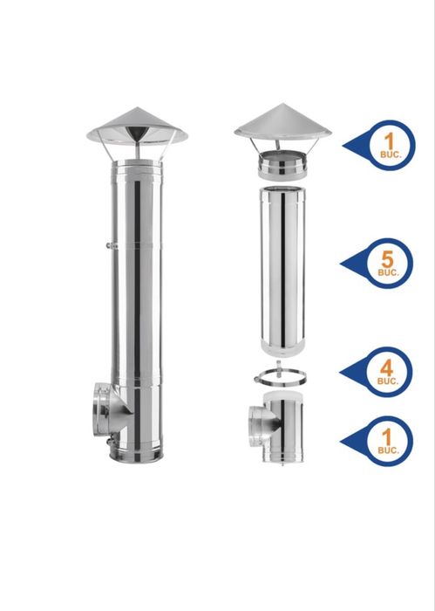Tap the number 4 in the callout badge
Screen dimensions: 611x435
pyautogui.click(x=390, y=365)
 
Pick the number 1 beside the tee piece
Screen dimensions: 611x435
pyautogui.click(x=390, y=434)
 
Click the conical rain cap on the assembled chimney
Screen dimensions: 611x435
pyautogui.click(x=138, y=127)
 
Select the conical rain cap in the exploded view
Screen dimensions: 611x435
pyautogui.click(x=282, y=122)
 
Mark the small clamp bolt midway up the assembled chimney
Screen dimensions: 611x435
pyautogui.click(x=105, y=247)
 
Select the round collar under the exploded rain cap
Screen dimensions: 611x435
pyautogui.click(x=282, y=163)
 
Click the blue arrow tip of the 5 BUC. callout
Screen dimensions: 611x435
pyautogui.click(x=343, y=261)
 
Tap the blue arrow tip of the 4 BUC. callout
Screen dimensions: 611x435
pyautogui.click(x=343, y=371)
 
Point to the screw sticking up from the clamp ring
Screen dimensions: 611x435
pyautogui.click(x=281, y=364)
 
